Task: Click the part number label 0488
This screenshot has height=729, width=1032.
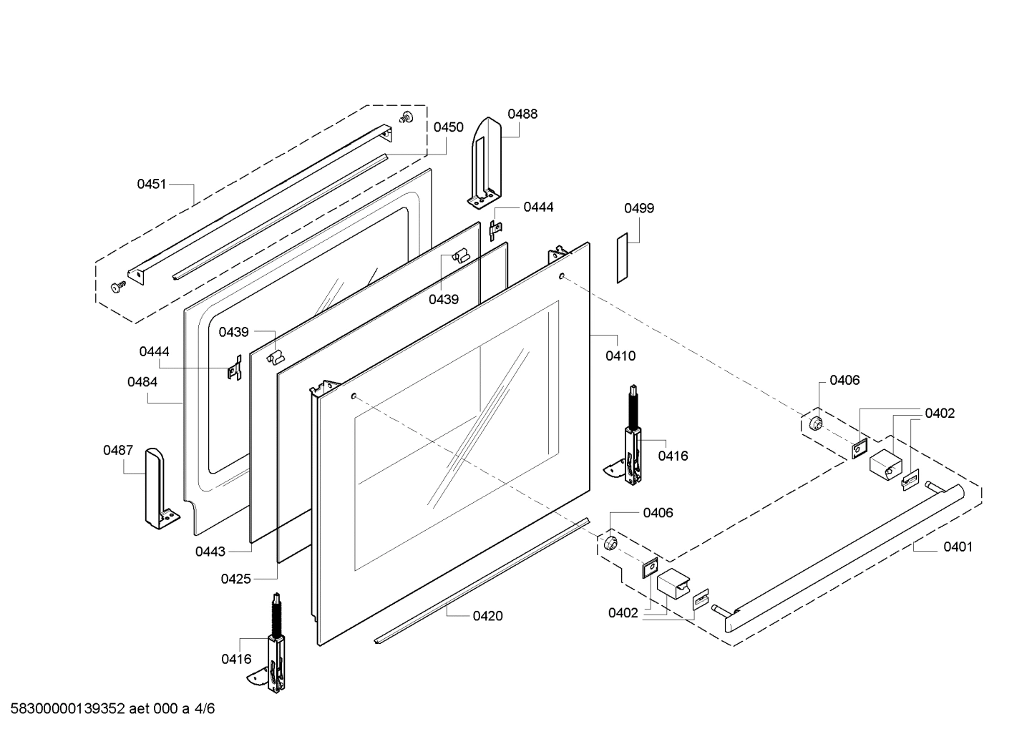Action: [x=522, y=114]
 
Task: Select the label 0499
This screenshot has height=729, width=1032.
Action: [x=639, y=208]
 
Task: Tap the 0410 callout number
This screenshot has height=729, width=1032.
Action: [x=620, y=356]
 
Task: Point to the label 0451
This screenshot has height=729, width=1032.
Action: [x=152, y=184]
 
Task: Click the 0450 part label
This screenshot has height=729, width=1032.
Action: [x=448, y=127]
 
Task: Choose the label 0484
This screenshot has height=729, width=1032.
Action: [x=142, y=382]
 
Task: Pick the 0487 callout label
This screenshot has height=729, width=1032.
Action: [x=118, y=450]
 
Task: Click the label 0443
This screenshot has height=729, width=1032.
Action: [x=210, y=552]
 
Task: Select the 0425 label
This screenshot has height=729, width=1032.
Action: [x=236, y=579]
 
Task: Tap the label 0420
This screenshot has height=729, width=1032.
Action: [x=488, y=616]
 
